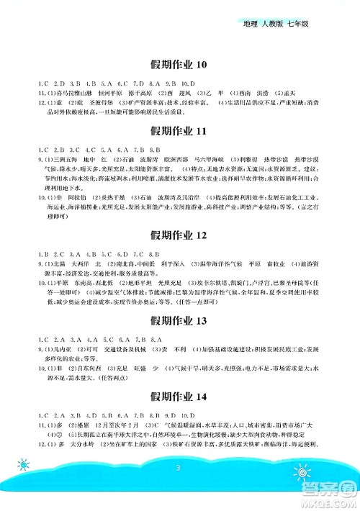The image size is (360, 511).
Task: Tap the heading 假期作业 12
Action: (x=180, y=235)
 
